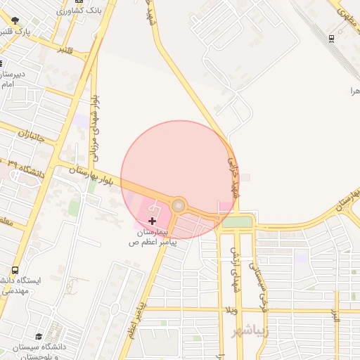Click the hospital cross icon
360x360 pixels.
click(x=153, y=221)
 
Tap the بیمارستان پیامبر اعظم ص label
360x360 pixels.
click(x=149, y=236)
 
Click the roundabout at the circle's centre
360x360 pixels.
click(x=179, y=205)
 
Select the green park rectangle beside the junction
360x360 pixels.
click(x=238, y=222)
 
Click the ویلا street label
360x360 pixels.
click(x=231, y=310)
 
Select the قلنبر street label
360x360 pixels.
click(x=64, y=51)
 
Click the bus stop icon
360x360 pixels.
click(x=15, y=270)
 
